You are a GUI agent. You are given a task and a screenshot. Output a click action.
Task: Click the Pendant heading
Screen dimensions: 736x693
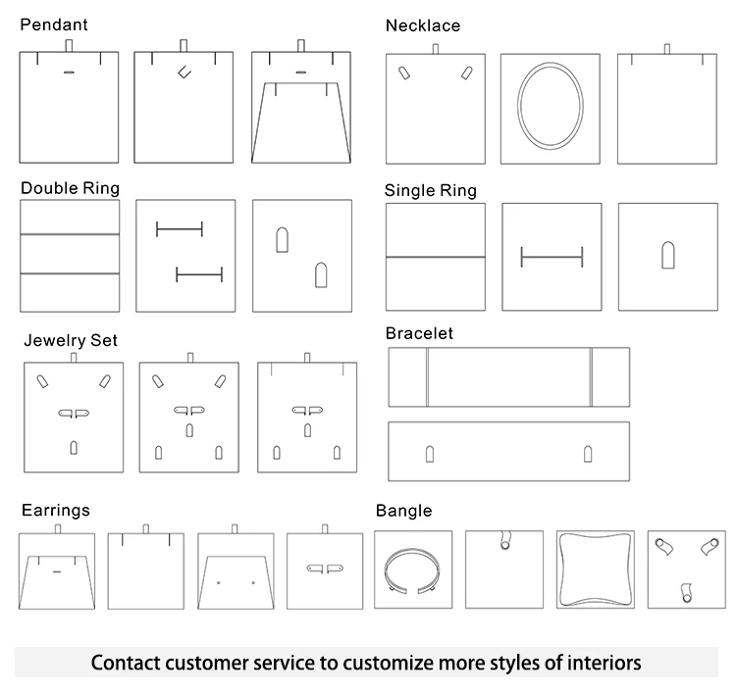click(54, 25)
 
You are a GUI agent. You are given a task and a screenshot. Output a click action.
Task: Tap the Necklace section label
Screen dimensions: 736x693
click(422, 25)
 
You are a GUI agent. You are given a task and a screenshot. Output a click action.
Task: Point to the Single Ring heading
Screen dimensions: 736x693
click(430, 190)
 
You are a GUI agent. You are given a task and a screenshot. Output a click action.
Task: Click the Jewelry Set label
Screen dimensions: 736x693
click(71, 340)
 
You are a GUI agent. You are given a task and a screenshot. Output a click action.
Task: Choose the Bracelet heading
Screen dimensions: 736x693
click(419, 333)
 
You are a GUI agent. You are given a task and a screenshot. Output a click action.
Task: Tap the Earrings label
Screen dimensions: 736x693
click(56, 510)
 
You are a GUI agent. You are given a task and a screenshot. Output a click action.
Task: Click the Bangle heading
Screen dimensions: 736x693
click(403, 511)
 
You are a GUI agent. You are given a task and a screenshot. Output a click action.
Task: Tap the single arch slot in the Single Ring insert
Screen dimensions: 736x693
click(667, 255)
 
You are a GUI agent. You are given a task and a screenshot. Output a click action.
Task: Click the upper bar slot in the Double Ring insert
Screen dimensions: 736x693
click(180, 229)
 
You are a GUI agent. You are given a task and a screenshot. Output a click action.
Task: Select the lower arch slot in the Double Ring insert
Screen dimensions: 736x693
click(320, 274)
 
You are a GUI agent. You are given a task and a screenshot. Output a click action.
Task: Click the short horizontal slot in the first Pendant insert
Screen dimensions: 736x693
click(69, 73)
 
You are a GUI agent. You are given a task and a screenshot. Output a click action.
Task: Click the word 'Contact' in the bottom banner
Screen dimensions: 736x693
click(129, 663)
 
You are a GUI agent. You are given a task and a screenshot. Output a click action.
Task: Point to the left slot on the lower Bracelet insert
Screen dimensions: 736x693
click(429, 453)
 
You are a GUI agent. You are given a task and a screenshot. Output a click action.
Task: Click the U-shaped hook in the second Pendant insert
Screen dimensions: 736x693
click(183, 71)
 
